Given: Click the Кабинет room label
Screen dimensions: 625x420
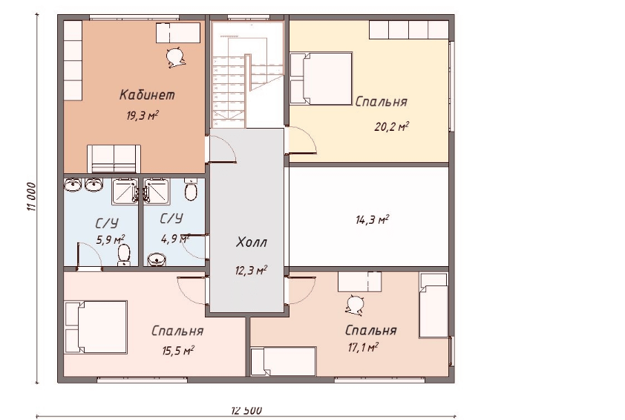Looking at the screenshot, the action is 147,95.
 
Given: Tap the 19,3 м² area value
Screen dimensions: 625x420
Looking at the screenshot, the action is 143,116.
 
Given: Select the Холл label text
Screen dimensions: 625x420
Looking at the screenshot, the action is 251,242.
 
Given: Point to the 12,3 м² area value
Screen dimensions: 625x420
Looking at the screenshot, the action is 251,271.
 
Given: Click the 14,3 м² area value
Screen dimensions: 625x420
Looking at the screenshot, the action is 373,219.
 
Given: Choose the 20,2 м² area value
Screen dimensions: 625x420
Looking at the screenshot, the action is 391,127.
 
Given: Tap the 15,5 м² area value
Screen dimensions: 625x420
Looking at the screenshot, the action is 177,351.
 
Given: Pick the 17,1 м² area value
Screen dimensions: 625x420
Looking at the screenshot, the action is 363,347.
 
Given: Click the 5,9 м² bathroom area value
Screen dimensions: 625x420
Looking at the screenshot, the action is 111,239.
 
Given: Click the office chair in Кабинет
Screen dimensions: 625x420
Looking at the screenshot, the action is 174,57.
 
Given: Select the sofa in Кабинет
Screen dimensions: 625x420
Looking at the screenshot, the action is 114,158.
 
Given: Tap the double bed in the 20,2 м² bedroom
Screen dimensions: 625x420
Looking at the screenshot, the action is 321,78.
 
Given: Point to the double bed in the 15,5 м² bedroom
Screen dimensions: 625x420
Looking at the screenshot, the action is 96,327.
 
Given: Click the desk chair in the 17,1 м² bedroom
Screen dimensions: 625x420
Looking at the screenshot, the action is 354,306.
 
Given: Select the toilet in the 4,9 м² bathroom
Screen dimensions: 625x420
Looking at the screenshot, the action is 192,190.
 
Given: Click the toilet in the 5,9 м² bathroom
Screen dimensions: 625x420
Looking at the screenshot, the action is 124,255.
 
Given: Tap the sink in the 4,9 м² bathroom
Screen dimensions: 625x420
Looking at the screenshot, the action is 158,259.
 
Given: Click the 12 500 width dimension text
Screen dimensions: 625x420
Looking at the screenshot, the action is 246,410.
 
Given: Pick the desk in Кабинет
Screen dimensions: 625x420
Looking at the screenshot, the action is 178,33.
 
